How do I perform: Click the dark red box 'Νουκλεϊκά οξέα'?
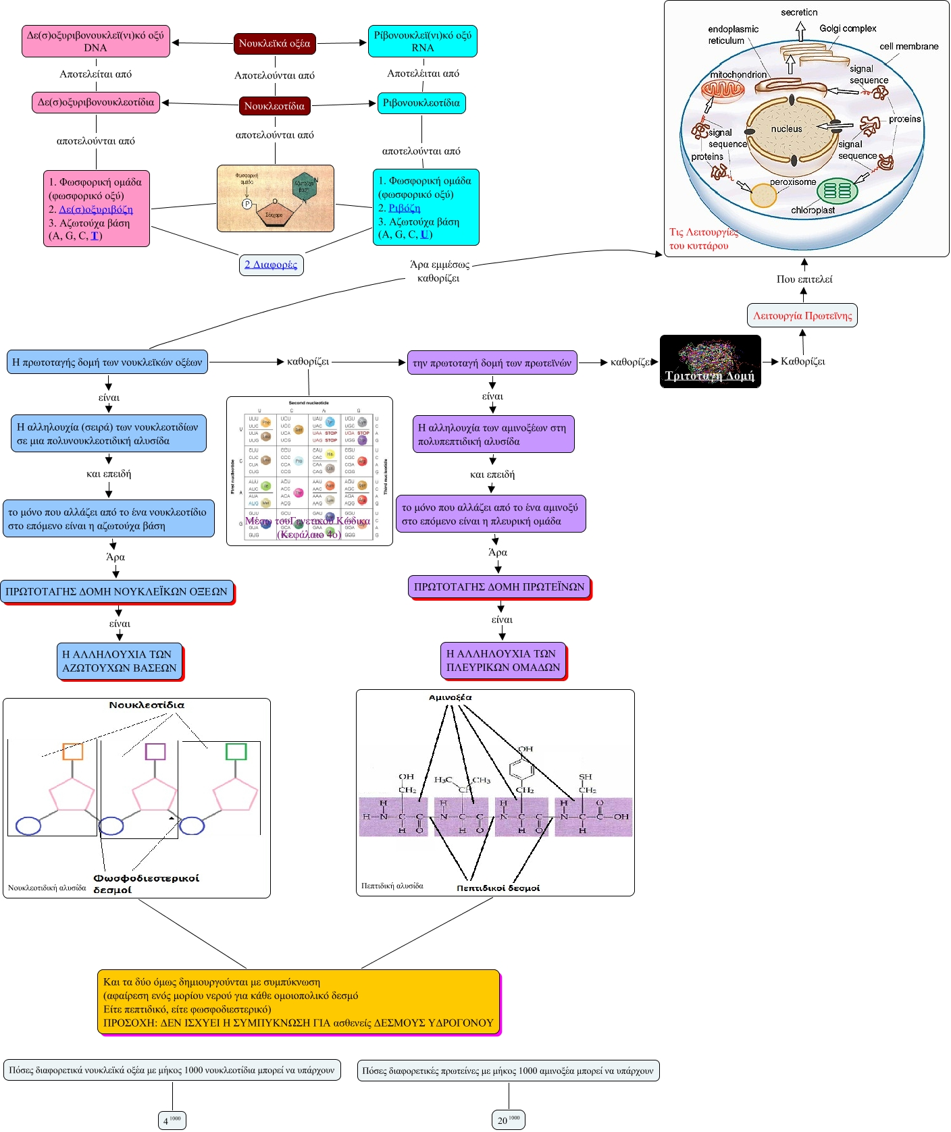click(x=274, y=44)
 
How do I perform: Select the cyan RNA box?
click(x=422, y=41)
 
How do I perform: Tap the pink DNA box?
click(x=95, y=41)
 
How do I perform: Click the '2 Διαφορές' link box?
click(x=271, y=265)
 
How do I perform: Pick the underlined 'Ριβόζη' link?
click(x=405, y=208)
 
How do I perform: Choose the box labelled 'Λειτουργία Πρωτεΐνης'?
click(x=802, y=315)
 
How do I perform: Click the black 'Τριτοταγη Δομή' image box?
click(x=710, y=362)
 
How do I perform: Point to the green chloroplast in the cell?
click(x=837, y=191)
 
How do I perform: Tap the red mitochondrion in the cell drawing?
click(x=722, y=90)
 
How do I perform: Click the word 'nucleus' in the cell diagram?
click(x=786, y=129)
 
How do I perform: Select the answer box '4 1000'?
click(x=172, y=1120)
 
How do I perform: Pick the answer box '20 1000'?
click(x=508, y=1120)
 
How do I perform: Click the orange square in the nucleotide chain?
click(x=73, y=751)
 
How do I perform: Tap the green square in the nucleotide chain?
click(x=236, y=751)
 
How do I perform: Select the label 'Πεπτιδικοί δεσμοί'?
click(x=498, y=888)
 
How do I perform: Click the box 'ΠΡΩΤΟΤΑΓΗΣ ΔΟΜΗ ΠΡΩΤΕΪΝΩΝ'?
click(x=498, y=587)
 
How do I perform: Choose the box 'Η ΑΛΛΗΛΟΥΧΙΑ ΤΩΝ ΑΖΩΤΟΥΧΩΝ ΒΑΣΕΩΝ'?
click(x=119, y=661)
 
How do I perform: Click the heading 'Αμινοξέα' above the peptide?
click(x=450, y=697)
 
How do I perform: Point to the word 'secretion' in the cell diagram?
click(x=798, y=12)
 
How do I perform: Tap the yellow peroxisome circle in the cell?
click(x=763, y=196)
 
